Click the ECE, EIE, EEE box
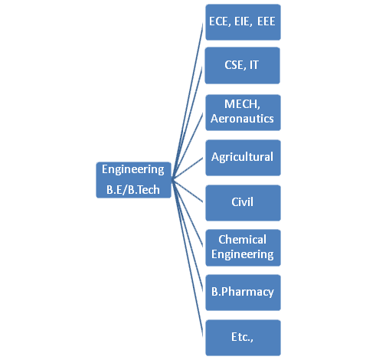[243, 22]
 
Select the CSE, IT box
[243, 65]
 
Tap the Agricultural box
[243, 158]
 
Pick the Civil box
[243, 203]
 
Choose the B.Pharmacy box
[243, 293]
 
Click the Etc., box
[243, 338]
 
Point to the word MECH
[242, 104]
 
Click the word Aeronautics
[242, 119]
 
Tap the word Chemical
[242, 240]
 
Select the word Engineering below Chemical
[243, 254]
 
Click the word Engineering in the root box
[133, 169]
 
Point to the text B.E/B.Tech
[133, 190]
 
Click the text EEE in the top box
[266, 21]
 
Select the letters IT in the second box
[254, 65]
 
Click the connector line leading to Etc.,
[188, 257]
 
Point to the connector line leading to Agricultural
[188, 168]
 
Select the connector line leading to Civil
[188, 190]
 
